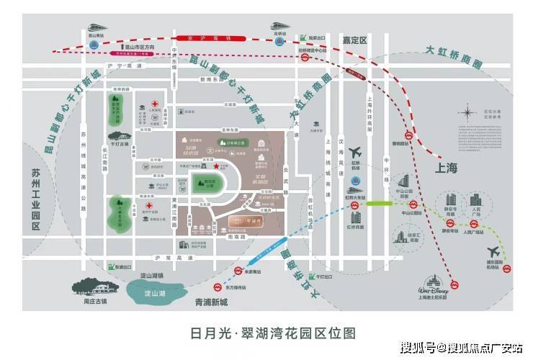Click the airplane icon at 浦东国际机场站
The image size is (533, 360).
click(x=494, y=252)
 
